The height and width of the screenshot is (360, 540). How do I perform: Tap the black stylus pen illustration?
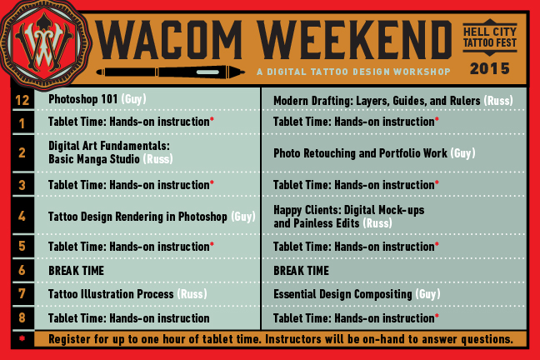[171, 72]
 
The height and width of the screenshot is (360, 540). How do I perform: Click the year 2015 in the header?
[490, 69]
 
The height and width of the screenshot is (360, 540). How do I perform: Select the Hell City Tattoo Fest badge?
[490, 37]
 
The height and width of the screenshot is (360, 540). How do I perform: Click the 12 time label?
[22, 100]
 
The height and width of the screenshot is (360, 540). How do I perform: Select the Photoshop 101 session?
[97, 99]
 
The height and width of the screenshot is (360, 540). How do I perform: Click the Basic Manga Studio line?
[110, 159]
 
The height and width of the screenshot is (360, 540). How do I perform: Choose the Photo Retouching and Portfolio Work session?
[374, 153]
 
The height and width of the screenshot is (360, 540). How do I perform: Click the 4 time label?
[22, 217]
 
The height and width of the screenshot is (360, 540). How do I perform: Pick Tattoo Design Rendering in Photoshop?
[152, 217]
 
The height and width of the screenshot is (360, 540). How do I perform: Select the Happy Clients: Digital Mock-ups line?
[348, 210]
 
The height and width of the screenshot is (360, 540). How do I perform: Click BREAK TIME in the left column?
[76, 271]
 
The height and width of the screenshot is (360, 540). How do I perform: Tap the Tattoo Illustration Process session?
[127, 294]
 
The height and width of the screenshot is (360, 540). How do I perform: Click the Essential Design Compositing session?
[357, 294]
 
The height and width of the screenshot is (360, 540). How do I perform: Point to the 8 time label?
[22, 317]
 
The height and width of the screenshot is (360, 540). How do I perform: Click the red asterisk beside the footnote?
[22, 338]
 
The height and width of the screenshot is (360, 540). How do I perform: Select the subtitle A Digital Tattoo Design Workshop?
[353, 72]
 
